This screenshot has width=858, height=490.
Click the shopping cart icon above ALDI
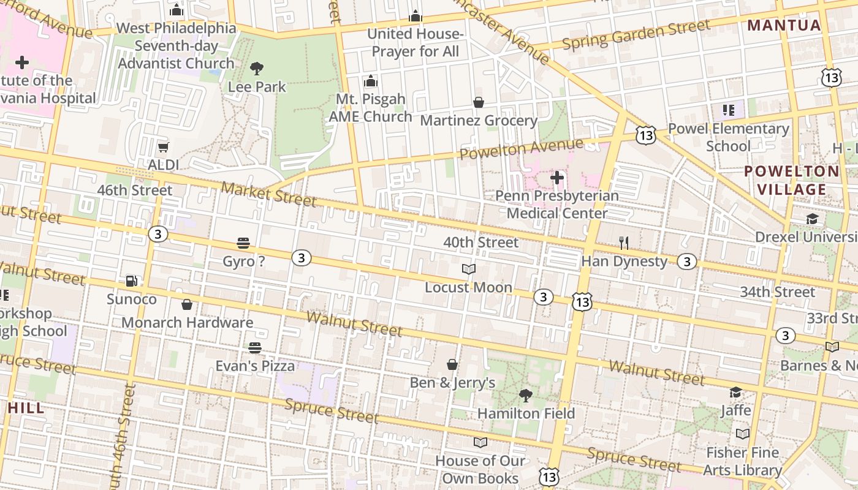click(x=163, y=147)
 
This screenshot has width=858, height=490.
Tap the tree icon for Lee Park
click(x=257, y=69)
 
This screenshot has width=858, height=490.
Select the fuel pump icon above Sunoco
click(x=131, y=281)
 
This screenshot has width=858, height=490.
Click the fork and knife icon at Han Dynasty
click(x=624, y=243)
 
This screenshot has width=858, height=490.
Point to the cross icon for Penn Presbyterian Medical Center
click(x=556, y=178)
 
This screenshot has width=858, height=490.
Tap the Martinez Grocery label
click(x=478, y=121)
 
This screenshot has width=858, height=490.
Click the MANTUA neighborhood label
click(x=784, y=25)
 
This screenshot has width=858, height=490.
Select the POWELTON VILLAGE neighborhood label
click(x=791, y=180)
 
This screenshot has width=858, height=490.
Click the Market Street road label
click(x=268, y=194)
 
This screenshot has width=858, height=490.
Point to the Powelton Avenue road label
click(x=522, y=149)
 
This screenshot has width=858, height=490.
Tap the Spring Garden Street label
click(x=636, y=35)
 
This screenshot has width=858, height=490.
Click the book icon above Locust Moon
click(x=468, y=269)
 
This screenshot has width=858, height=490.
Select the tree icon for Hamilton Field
click(x=525, y=395)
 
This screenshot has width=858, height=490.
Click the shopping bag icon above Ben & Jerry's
click(x=452, y=364)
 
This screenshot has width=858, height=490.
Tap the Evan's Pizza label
click(x=255, y=366)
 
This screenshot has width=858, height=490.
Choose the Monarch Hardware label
click(x=187, y=322)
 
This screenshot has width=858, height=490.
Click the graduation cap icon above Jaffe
click(x=735, y=392)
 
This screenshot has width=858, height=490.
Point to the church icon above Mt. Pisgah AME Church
click(x=370, y=81)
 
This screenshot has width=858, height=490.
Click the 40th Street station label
click(x=480, y=243)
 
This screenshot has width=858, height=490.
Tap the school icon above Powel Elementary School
click(x=728, y=110)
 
